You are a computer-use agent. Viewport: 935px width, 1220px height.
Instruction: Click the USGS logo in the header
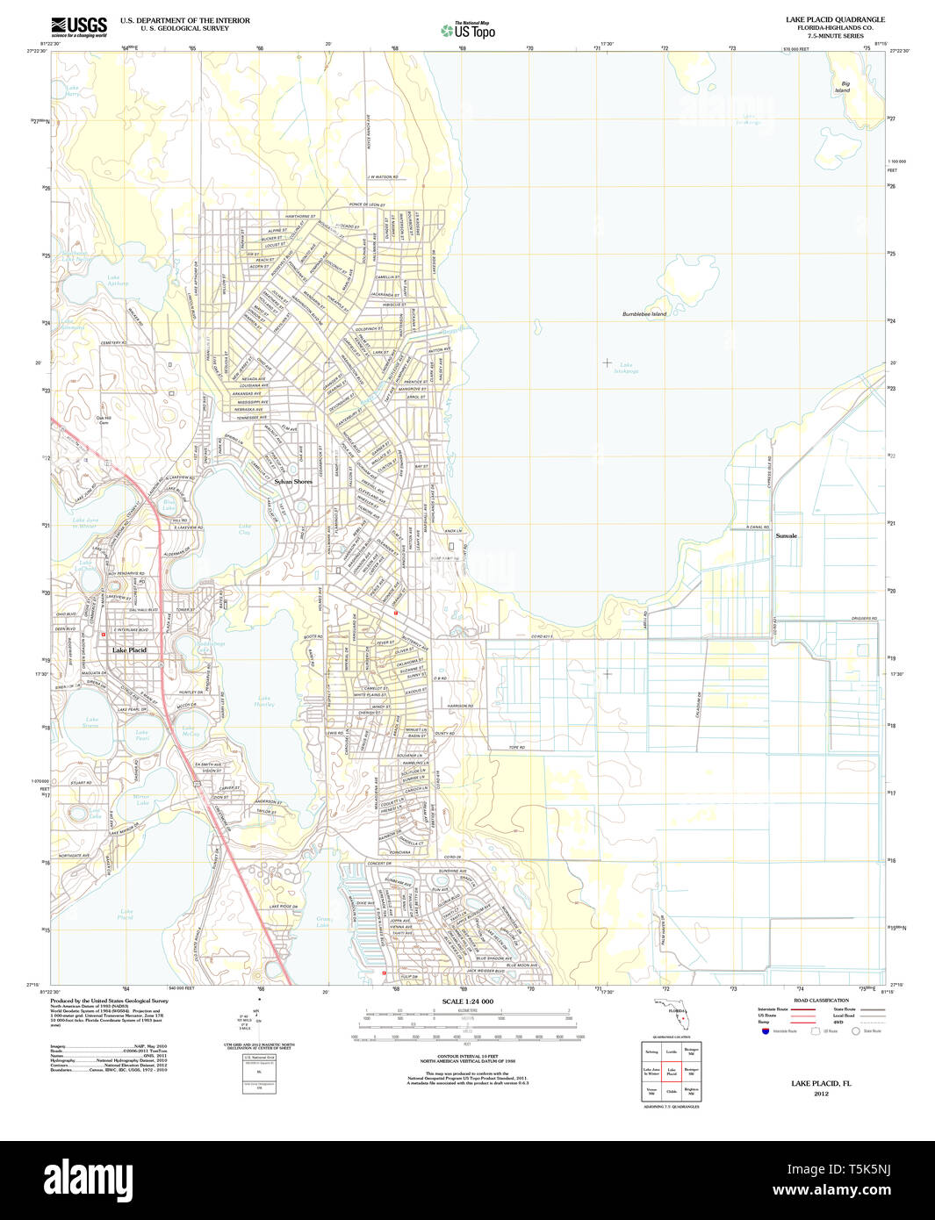[x=79, y=27]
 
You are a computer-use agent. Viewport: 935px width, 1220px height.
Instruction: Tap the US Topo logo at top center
[x=469, y=30]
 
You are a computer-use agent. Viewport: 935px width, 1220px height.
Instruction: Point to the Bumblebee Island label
[x=644, y=313]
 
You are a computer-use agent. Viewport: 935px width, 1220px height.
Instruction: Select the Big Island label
[x=842, y=87]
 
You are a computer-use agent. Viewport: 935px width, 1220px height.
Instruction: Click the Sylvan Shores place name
[x=292, y=482]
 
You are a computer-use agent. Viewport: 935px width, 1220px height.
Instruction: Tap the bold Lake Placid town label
[x=129, y=649]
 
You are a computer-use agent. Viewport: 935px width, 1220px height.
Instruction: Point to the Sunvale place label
[x=786, y=535]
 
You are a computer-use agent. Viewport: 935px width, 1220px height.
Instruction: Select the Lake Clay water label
[x=245, y=530]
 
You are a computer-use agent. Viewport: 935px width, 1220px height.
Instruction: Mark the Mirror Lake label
[x=142, y=800]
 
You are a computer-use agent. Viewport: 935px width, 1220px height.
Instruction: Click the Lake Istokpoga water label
[x=626, y=368]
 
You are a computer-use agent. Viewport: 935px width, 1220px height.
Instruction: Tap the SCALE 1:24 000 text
[x=467, y=1001]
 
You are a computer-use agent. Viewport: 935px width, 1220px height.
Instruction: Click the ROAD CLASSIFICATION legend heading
[x=821, y=1001]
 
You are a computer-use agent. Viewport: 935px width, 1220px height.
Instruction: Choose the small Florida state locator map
[x=674, y=1016]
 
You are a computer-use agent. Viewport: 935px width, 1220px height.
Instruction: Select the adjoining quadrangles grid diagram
[x=671, y=1070]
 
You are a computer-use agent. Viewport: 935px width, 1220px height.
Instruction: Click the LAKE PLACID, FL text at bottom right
[x=821, y=1083]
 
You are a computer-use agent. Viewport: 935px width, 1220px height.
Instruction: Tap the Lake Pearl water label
[x=142, y=736]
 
